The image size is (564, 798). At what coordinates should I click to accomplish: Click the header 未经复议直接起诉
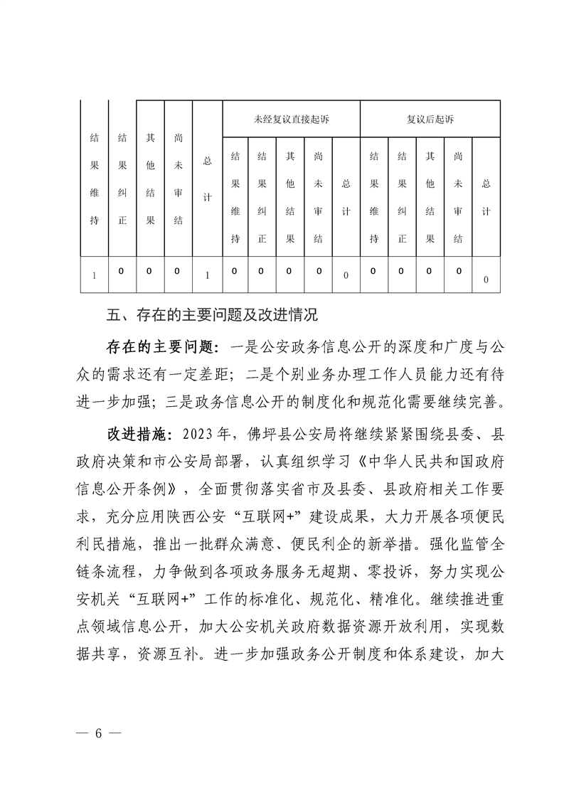click(291, 119)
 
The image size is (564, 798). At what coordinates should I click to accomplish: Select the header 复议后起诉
click(430, 119)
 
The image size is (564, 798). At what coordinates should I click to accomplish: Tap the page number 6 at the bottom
click(100, 735)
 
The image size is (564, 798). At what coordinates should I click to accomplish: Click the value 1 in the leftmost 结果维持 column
click(94, 275)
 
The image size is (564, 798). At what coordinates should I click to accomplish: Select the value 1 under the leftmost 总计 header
click(207, 275)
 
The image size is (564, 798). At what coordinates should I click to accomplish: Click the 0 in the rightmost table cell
click(486, 280)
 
